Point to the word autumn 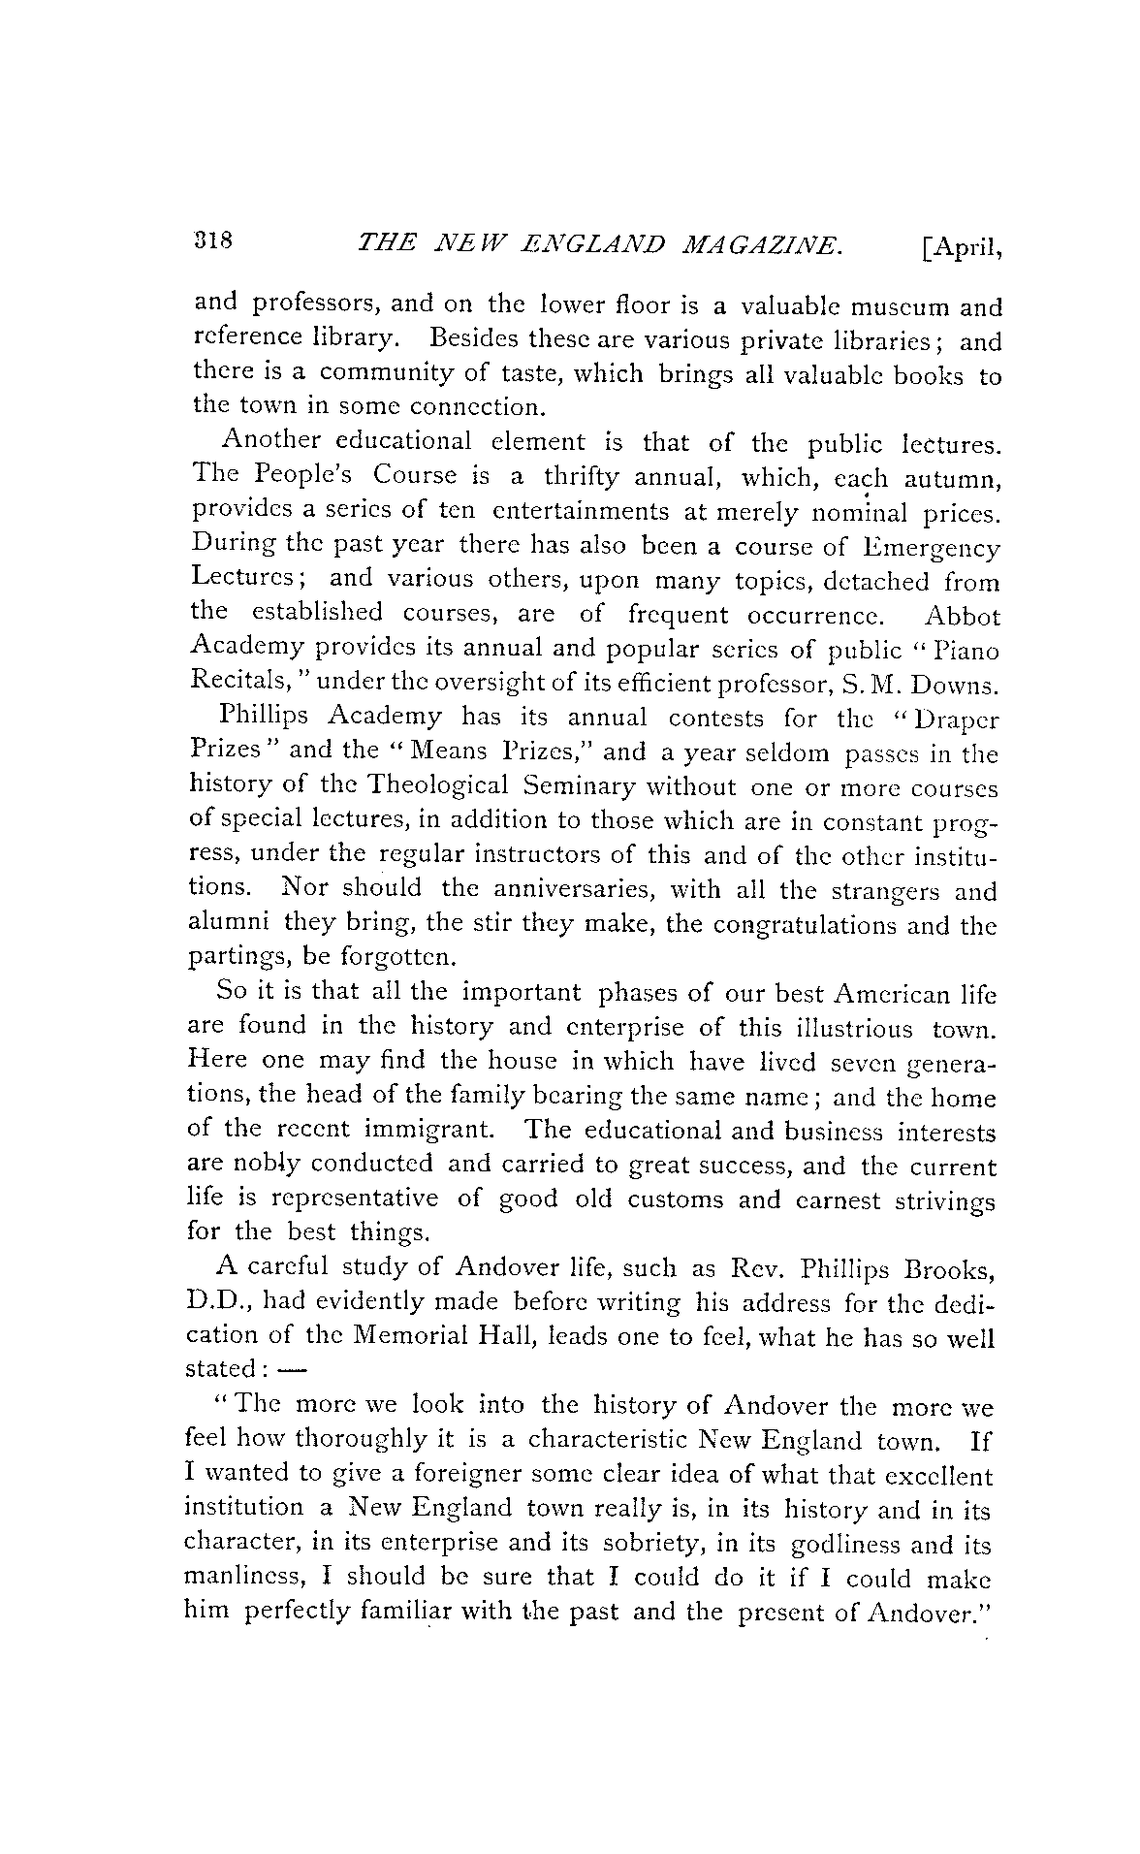[x=951, y=478]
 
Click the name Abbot [x=962, y=616]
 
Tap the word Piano [x=965, y=651]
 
